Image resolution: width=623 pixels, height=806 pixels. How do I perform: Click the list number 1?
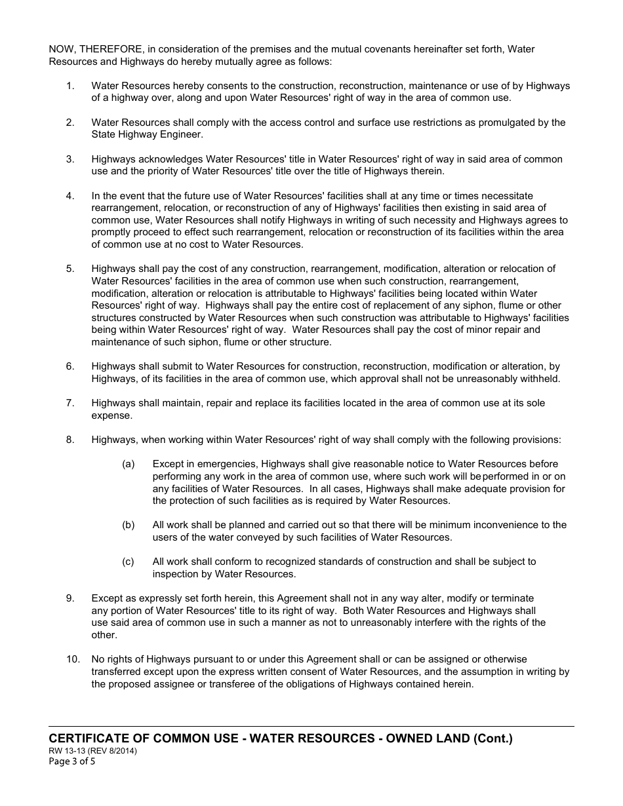click(70, 86)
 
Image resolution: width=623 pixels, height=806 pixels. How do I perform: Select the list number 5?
click(70, 269)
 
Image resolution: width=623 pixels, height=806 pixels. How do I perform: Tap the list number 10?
click(72, 659)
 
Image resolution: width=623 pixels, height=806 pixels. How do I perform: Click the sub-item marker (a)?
click(128, 464)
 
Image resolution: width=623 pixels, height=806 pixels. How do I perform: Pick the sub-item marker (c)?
click(128, 562)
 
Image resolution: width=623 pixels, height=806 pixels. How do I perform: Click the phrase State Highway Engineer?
click(148, 135)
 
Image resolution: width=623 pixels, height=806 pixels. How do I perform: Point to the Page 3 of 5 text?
click(72, 761)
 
